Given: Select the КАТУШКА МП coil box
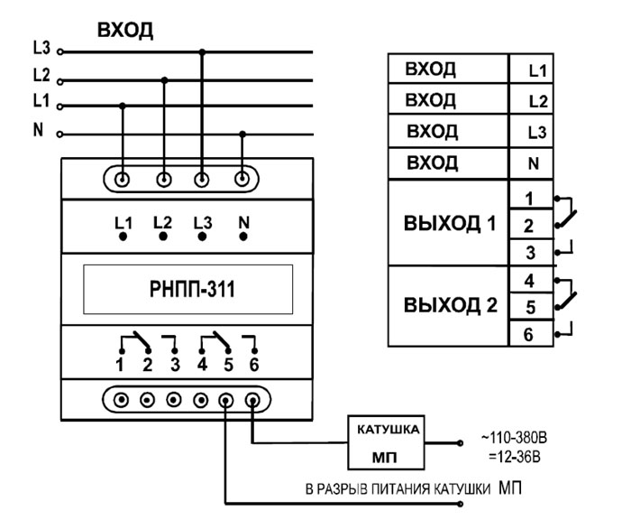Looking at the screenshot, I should [x=385, y=442].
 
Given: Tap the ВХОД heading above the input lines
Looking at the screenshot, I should [x=125, y=31].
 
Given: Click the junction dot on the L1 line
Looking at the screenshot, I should [x=123, y=105].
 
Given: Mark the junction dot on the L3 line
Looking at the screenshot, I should [x=202, y=51].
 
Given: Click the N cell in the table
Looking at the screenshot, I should [x=533, y=164].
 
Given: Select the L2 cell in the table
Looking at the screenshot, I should [x=533, y=101].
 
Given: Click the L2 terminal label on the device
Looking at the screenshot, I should [x=162, y=220].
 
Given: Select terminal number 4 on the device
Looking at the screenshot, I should [x=202, y=367].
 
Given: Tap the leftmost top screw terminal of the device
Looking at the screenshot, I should [x=123, y=177].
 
